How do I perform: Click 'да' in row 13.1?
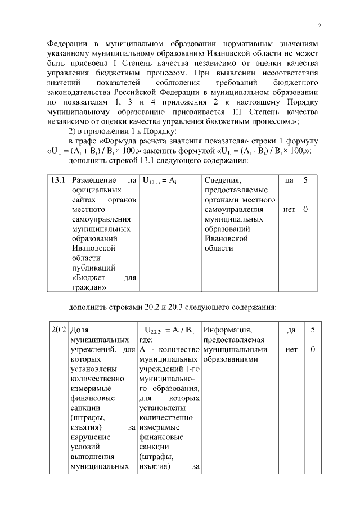click(x=289, y=181)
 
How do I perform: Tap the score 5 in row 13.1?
click(x=306, y=181)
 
